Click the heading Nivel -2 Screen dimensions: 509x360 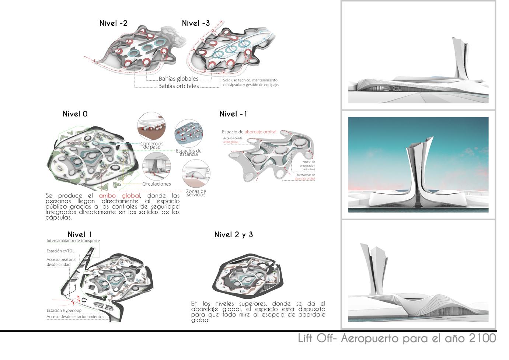113,23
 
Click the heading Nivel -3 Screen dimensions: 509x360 196,23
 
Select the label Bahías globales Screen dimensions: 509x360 178,79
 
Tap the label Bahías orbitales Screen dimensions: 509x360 178,86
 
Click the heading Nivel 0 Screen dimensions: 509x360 75,114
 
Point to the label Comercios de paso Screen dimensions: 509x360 152,146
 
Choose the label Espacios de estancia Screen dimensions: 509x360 188,153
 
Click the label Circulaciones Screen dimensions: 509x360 157,184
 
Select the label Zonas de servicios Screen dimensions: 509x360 196,193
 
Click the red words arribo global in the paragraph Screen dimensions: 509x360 119,196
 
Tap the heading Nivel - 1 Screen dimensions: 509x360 233,114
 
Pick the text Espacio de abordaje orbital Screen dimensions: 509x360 249,132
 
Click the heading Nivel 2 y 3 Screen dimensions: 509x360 233,235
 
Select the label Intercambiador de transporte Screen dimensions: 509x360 73,241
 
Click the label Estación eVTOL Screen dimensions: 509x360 60,251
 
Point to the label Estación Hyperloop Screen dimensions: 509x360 64,311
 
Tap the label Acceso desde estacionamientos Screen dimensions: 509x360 75,317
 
